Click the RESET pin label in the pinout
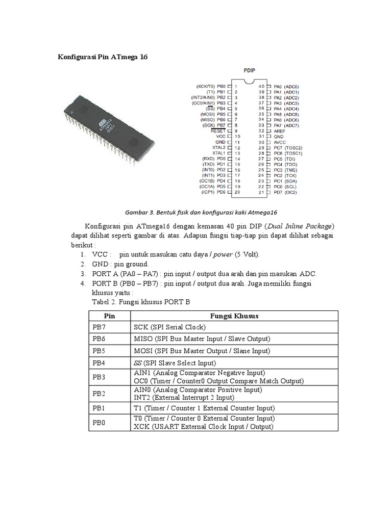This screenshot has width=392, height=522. (x=218, y=130)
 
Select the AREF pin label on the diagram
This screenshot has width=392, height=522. (x=280, y=130)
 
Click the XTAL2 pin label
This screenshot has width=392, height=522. (x=219, y=147)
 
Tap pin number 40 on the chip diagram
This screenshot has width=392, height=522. (x=261, y=86)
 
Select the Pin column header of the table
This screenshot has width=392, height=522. (x=110, y=316)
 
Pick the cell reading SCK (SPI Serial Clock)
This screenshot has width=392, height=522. (x=169, y=327)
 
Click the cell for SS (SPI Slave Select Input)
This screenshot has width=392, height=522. (x=175, y=363)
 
